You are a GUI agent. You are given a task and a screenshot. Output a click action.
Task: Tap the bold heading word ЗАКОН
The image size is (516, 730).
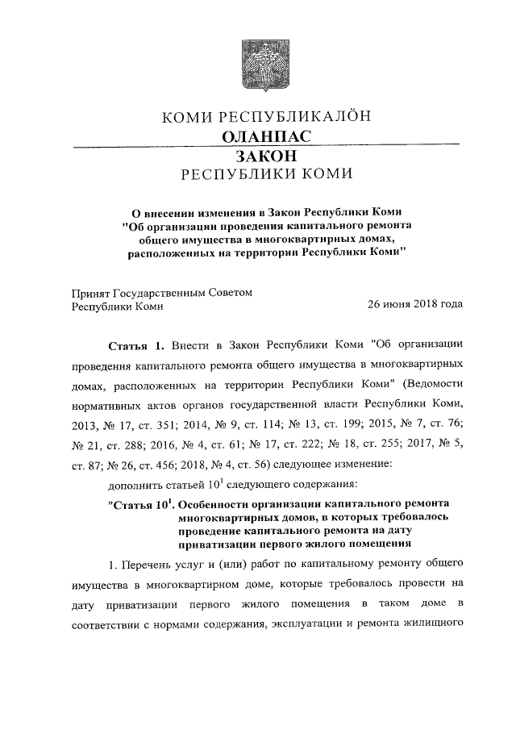pos(266,156)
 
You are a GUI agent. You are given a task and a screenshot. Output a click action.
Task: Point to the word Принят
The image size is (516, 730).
pos(92,293)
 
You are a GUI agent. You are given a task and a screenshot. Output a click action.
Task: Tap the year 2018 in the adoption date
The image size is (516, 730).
pos(431,306)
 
